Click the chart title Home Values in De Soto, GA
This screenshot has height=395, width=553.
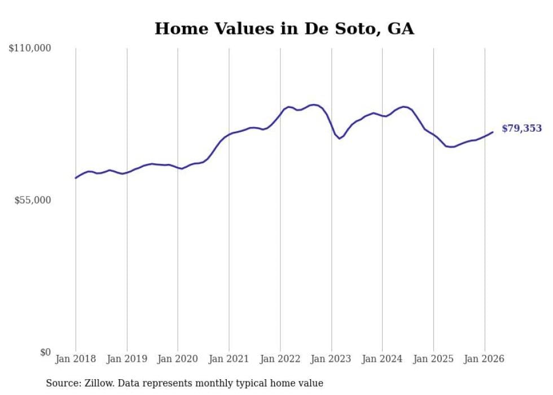(284, 29)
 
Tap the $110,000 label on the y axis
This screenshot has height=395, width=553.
(30, 49)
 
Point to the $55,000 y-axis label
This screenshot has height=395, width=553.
(33, 200)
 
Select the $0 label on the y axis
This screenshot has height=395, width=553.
(45, 352)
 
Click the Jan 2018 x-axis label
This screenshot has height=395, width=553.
(76, 359)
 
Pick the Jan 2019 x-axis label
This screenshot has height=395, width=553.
(127, 359)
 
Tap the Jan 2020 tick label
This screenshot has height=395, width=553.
(178, 359)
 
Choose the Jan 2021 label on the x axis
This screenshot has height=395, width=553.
(229, 359)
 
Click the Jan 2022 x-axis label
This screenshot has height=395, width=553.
(280, 359)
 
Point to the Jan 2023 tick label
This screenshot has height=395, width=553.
(331, 359)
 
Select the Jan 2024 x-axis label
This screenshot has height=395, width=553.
(383, 359)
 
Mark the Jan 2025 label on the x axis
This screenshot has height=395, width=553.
(433, 359)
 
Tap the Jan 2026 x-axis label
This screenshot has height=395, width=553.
(485, 359)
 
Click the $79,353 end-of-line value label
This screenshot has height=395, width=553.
(521, 128)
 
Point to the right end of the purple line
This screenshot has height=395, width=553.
(493, 132)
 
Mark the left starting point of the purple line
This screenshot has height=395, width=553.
(76, 178)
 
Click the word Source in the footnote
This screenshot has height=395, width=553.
(62, 383)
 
